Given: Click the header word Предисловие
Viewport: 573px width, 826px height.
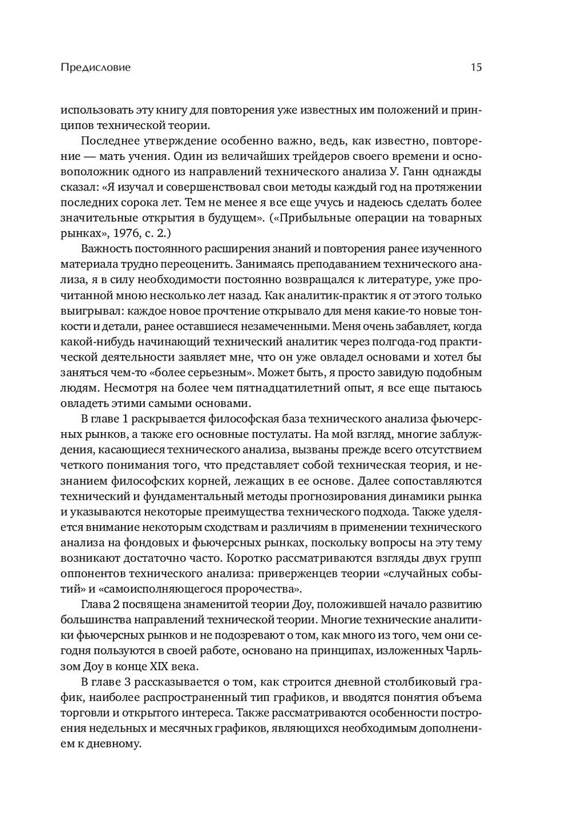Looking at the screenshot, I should coord(95,68).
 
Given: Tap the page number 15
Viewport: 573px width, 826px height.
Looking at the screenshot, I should coord(476,68).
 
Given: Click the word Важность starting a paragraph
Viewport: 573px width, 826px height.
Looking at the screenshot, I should coord(105,249).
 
